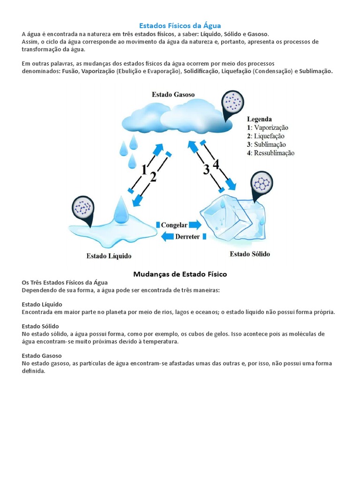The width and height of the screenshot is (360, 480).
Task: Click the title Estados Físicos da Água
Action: click(180, 26)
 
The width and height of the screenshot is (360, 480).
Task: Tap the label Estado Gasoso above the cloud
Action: click(173, 94)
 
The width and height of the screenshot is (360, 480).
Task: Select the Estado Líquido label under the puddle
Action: click(109, 256)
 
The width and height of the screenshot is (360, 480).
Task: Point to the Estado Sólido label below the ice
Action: click(249, 254)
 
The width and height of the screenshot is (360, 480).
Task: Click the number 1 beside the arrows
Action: click(144, 170)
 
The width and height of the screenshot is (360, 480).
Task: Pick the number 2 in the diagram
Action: click(153, 178)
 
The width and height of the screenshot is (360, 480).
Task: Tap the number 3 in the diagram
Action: click(206, 170)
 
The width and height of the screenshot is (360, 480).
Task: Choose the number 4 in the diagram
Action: click(216, 164)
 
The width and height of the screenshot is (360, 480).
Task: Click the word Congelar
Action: click(174, 225)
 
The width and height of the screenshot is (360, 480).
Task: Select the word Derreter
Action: click(187, 237)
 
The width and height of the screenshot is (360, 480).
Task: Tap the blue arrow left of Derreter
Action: click(167, 237)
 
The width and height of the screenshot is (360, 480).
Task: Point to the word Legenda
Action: click(259, 119)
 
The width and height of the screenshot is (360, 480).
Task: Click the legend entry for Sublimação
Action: click(266, 144)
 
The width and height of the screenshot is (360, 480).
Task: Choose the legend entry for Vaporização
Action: click(268, 127)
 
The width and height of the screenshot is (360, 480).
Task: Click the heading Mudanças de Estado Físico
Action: click(180, 274)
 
